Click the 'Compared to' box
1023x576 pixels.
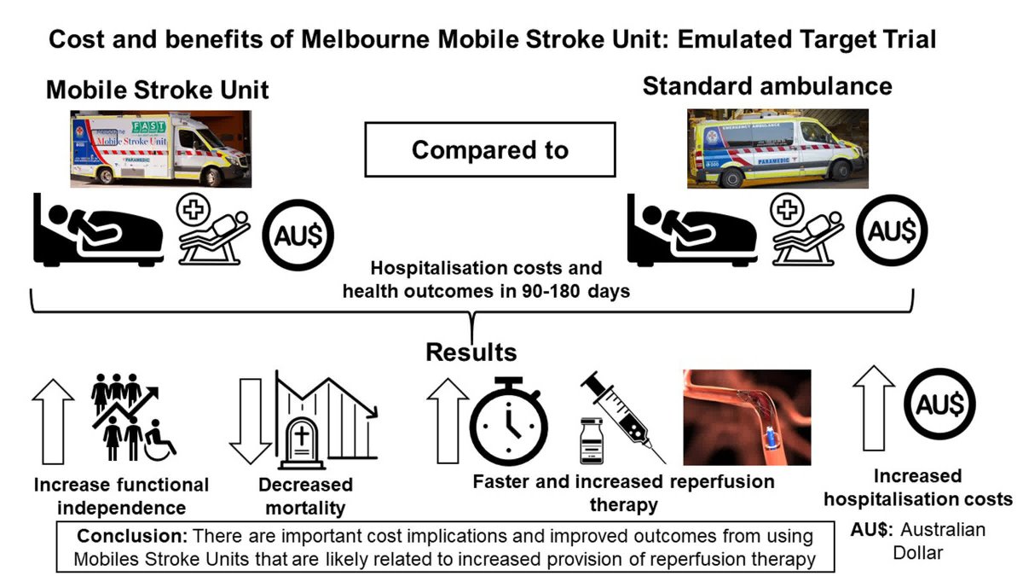point(489,150)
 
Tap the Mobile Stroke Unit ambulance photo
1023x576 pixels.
point(160,147)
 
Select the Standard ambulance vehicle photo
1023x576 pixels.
point(777,148)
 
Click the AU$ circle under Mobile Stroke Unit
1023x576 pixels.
point(298,230)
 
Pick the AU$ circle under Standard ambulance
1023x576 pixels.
point(893,230)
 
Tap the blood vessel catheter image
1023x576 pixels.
point(745,418)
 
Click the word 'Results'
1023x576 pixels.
point(471,352)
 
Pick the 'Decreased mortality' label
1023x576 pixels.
point(305,497)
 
